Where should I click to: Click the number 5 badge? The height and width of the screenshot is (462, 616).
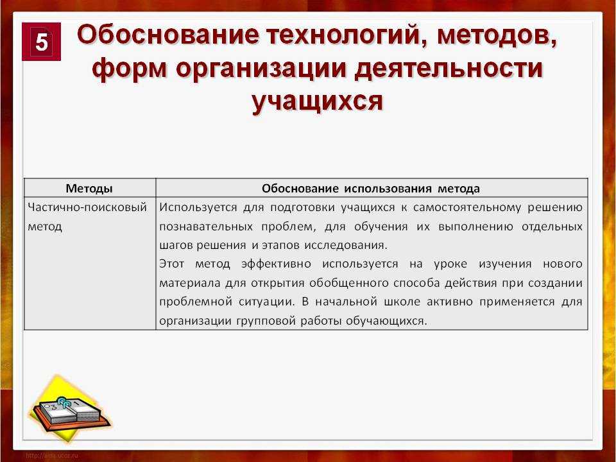41,42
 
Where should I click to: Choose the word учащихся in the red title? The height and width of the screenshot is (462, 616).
317,102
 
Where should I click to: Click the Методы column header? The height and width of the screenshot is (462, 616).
89,189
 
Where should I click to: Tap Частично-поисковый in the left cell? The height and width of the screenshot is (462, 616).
87,207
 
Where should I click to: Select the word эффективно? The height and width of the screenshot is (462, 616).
276,264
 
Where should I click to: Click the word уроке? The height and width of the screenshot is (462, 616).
450,264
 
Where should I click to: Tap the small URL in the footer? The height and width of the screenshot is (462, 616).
52,456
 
